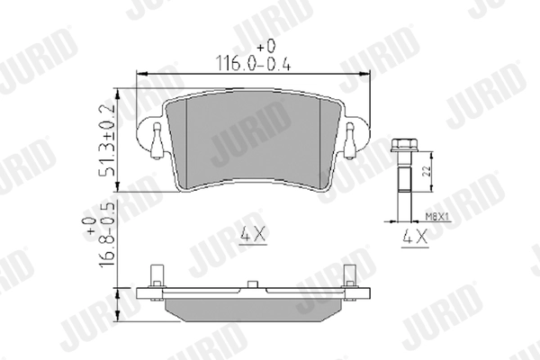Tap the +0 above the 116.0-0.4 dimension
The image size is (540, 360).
coord(264,45)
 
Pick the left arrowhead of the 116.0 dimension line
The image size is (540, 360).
coord(137,74)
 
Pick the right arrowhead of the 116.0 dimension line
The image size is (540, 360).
coord(370,74)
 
